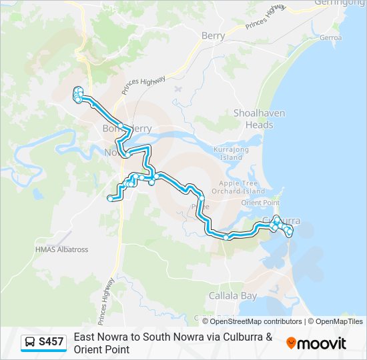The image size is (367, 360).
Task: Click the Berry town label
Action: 213,36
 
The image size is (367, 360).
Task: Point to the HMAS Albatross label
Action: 61,249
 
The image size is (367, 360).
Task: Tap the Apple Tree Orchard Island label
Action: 239,187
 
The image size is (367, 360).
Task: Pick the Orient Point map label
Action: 260,202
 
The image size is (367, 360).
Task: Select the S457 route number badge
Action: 51,342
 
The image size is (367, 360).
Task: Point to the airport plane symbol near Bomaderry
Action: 177,87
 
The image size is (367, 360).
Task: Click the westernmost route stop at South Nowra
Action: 110,197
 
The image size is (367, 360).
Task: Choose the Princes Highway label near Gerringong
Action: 266,17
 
